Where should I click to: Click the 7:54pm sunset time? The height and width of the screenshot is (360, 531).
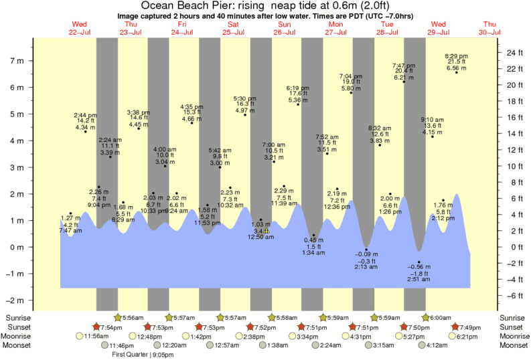110,327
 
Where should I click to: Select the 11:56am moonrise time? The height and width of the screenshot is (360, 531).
98,336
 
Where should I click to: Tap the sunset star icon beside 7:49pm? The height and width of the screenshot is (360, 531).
455,327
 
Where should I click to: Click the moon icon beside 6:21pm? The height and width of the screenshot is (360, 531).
454,336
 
